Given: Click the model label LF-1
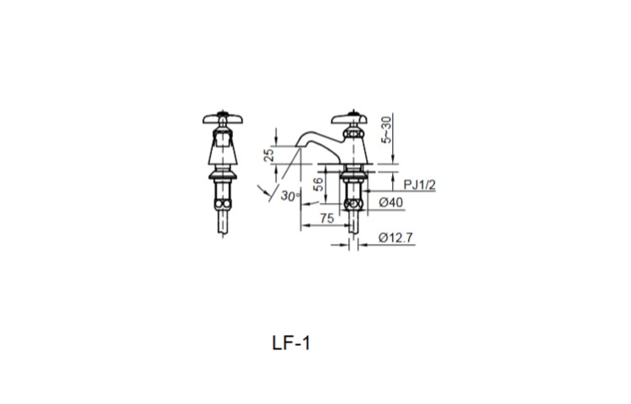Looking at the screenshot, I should [291, 343].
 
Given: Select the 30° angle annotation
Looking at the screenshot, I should [291, 196].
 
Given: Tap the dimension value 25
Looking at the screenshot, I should [269, 156].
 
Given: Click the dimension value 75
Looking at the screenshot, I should [328, 217].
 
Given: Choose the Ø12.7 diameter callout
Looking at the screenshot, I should [395, 238].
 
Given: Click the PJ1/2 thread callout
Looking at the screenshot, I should [419, 184].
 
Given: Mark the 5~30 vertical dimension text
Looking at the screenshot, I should [386, 130].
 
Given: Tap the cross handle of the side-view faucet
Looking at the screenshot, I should [353, 118].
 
